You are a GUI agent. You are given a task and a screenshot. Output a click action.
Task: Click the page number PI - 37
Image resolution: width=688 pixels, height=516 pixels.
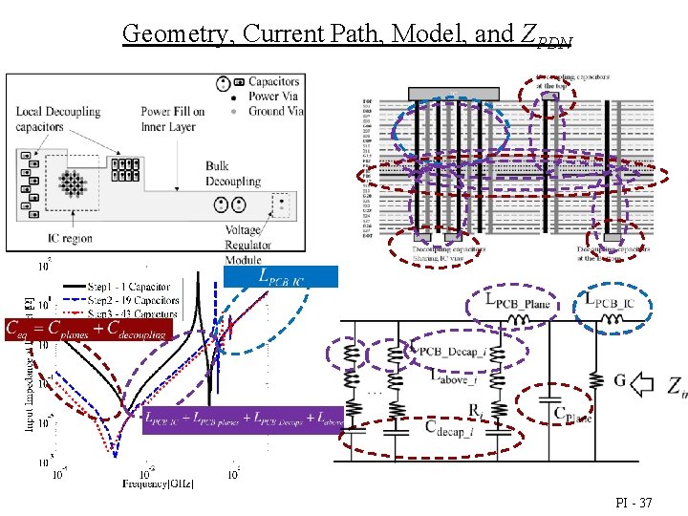point(634,502)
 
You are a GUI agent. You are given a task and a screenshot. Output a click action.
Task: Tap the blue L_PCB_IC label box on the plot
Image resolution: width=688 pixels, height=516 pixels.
point(281,276)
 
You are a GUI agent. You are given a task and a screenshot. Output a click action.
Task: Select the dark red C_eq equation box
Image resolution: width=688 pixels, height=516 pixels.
point(87,330)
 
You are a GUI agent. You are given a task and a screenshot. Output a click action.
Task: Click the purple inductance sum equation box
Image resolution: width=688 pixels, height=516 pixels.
point(243,420)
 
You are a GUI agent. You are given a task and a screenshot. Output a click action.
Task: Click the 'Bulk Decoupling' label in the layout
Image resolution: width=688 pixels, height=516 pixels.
point(232,173)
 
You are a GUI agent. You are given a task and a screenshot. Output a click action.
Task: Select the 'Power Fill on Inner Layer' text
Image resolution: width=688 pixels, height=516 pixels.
point(173,117)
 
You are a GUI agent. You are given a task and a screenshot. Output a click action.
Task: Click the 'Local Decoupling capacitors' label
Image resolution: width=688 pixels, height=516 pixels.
point(57,118)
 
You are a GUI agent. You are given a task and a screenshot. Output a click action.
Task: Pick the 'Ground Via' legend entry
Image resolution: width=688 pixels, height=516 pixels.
point(275,111)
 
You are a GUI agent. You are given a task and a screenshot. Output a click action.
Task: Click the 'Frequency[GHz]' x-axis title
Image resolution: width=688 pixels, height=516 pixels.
point(158,484)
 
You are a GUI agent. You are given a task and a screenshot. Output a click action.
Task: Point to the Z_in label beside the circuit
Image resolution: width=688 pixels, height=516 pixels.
point(676,387)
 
